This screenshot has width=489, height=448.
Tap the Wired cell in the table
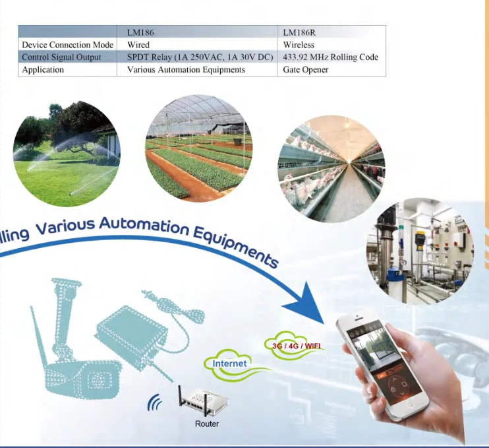[138, 44]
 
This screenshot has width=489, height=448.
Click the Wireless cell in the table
[299, 44]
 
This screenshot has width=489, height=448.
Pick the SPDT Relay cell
[200, 57]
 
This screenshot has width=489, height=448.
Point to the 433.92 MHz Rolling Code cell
[330, 57]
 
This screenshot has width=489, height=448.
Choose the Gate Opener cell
[306, 69]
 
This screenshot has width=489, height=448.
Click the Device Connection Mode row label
[68, 44]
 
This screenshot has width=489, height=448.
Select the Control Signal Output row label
[61, 57]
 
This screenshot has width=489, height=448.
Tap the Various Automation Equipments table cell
[186, 69]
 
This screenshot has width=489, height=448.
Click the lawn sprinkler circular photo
[66, 154]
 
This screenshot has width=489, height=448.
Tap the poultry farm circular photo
[330, 169]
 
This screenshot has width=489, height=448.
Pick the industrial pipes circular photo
[420, 251]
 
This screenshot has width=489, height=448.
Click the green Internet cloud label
[230, 363]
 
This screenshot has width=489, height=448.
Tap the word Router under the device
[206, 424]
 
